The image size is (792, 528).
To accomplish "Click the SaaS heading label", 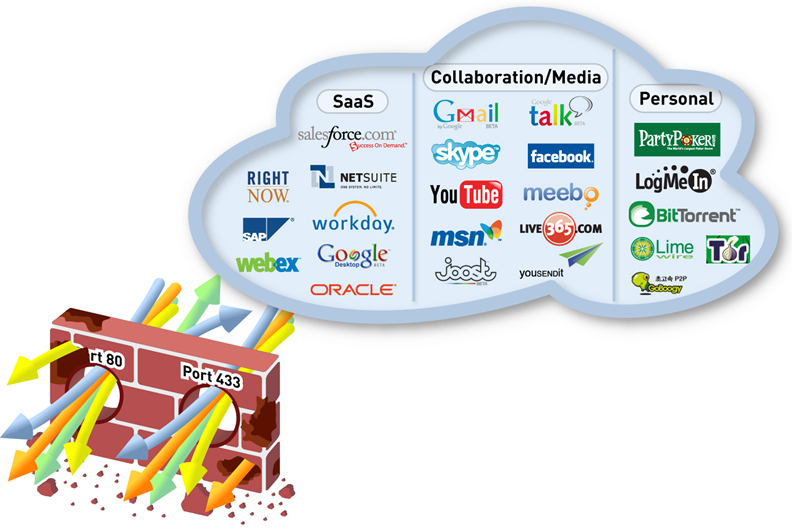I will (x=351, y=102).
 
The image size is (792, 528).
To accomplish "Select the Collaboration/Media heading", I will (x=516, y=77).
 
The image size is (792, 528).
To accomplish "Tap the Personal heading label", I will (x=675, y=98).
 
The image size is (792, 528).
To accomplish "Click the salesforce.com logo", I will (x=347, y=138).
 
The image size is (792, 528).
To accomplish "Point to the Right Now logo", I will (x=268, y=186).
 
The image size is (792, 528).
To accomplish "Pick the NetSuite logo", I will (x=352, y=178).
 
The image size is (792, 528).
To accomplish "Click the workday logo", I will (x=352, y=221).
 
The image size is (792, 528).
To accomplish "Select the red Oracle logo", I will (x=353, y=289).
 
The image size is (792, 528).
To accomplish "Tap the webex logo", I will (x=268, y=264).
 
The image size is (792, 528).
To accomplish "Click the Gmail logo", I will (x=466, y=113).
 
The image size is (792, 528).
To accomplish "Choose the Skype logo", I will (x=465, y=154).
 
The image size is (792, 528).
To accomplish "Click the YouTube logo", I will (x=465, y=194).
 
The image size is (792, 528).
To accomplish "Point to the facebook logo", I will (x=561, y=156).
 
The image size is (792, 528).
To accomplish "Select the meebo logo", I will (x=561, y=193).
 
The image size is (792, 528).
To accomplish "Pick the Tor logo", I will (x=727, y=249).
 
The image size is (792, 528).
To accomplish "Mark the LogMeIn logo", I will (x=674, y=181).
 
